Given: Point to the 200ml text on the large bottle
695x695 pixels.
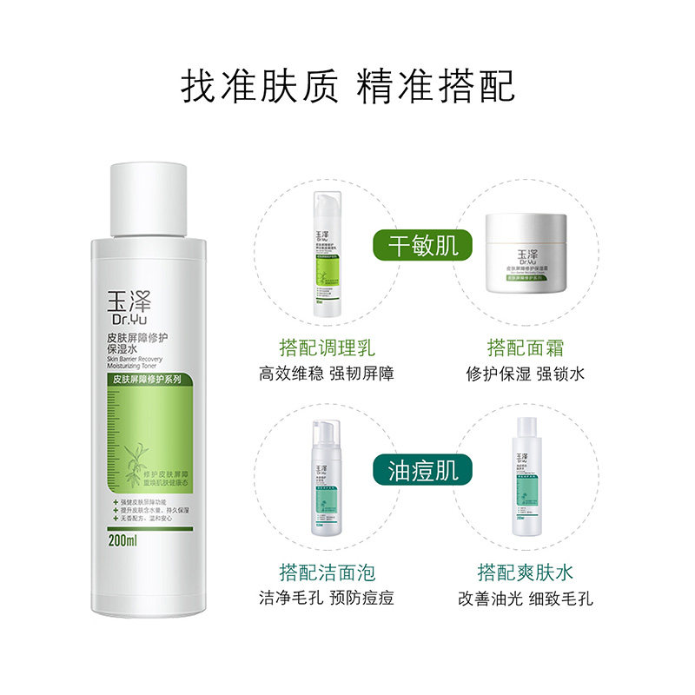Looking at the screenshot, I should [121, 540].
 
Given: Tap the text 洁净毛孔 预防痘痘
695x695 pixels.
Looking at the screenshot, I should [327, 599].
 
